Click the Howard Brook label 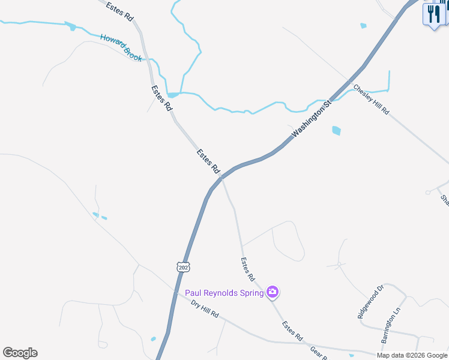tap(121, 47)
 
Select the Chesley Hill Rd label tap(372, 100)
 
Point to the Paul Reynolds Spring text tap(224, 293)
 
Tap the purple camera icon tap(273, 292)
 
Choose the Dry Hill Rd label tap(205, 309)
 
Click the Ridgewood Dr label tap(369, 302)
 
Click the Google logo tap(20, 353)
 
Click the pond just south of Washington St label tap(336, 130)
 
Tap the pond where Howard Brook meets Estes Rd tap(173, 95)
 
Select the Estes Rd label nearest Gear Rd tap(292, 331)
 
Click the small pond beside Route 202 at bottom tap(153, 339)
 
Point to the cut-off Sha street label tap(444, 200)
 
